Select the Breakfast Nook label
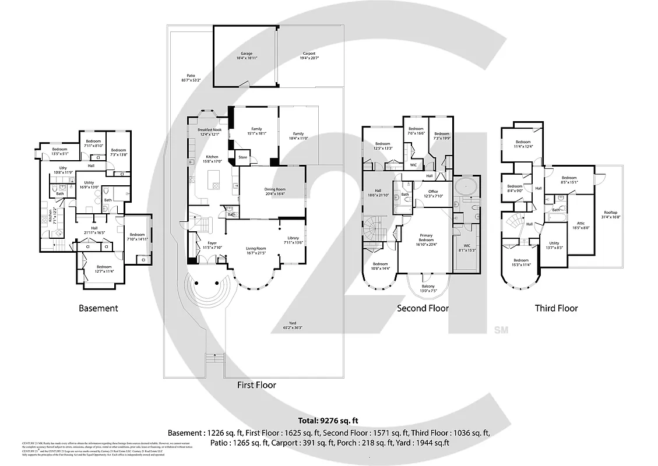point(209,132)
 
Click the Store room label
point(243,157)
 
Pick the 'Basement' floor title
point(98,308)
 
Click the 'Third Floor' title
point(556,308)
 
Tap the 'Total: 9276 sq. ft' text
point(329,420)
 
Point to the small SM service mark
point(501,330)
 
